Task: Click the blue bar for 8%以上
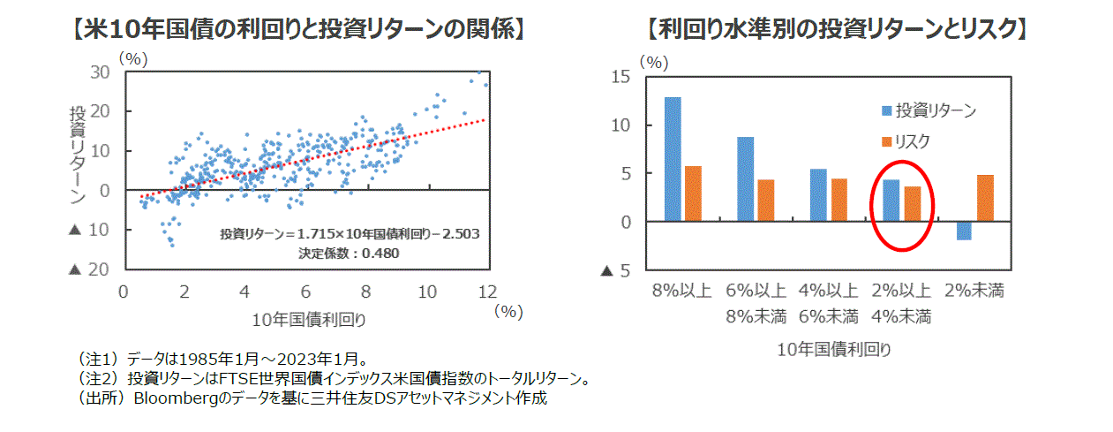pyautogui.click(x=672, y=159)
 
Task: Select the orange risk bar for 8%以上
pyautogui.click(x=693, y=193)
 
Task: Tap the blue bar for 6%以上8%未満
pyautogui.click(x=745, y=179)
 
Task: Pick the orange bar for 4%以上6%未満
pyautogui.click(x=839, y=200)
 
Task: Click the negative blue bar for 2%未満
pyautogui.click(x=964, y=231)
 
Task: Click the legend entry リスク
pyautogui.click(x=913, y=140)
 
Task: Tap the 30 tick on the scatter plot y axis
pyautogui.click(x=100, y=72)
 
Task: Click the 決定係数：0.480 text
pyautogui.click(x=350, y=254)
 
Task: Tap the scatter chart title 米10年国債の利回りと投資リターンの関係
pyautogui.click(x=297, y=30)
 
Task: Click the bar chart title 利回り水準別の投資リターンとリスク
pyautogui.click(x=836, y=30)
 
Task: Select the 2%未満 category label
pyautogui.click(x=974, y=291)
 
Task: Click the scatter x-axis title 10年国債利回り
pyautogui.click(x=308, y=319)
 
